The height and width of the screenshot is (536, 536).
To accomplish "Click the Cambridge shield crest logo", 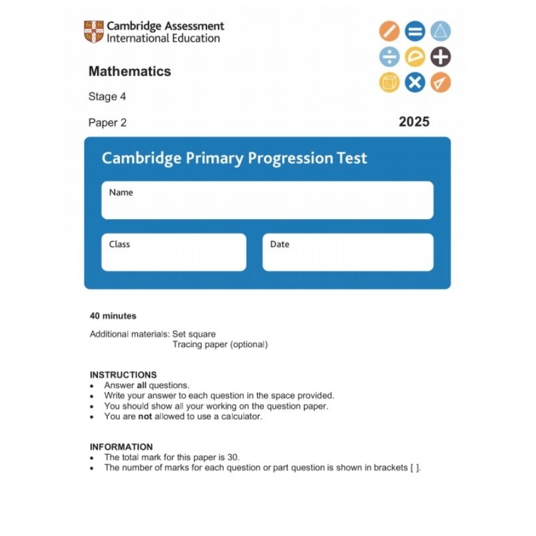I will tap(94, 31).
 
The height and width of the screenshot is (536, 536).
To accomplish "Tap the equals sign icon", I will tap(415, 31).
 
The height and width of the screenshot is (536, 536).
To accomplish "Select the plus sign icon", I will tap(440, 57).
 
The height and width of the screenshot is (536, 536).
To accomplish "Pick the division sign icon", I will tap(389, 57).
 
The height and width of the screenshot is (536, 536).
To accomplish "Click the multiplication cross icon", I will tap(415, 82).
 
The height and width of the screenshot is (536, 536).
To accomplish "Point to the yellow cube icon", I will tap(389, 82).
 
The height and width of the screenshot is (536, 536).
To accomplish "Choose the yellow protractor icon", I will tap(415, 57).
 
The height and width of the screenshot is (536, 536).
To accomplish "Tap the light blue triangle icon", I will tap(440, 31).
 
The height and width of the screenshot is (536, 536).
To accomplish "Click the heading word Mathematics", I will tap(129, 71).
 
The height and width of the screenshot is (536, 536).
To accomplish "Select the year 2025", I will tap(413, 121).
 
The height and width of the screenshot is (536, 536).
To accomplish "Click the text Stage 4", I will tap(107, 96).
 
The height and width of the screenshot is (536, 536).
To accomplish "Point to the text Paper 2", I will tap(107, 123).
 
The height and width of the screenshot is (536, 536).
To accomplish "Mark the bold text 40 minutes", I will tap(113, 316).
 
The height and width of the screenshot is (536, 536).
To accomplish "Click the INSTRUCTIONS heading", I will tap(123, 375).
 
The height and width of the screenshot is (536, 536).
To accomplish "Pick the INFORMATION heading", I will tap(121, 447).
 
